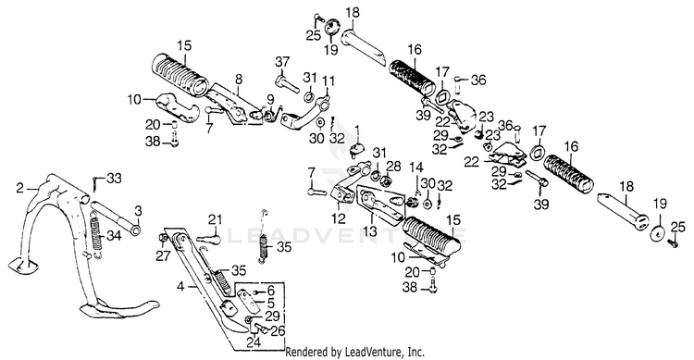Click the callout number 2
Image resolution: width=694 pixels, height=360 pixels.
(x=19, y=188)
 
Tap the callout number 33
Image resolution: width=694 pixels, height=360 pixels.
(x=114, y=178)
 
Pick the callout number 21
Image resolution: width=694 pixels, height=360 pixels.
(x=215, y=219)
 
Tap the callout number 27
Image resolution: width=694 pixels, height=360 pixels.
(x=163, y=255)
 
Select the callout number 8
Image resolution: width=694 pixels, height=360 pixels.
(x=239, y=80)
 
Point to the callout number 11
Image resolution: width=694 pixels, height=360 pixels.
(x=328, y=81)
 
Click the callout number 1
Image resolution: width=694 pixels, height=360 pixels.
(x=357, y=130)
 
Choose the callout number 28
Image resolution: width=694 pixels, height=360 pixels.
(x=393, y=167)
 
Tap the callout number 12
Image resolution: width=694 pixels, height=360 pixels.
(x=339, y=217)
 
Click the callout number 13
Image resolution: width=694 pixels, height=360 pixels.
(x=370, y=230)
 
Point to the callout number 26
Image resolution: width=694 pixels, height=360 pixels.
(x=279, y=330)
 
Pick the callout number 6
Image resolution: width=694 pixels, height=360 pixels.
(x=270, y=291)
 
